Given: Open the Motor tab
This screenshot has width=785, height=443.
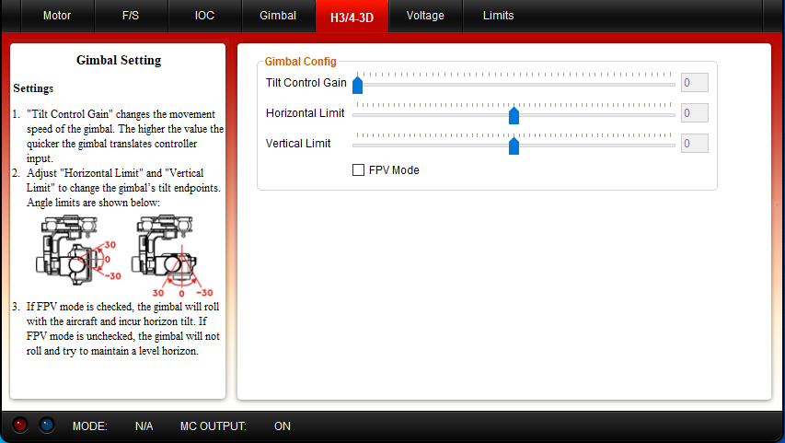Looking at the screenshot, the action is tap(57, 16).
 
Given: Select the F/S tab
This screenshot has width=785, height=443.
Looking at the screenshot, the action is tap(131, 16).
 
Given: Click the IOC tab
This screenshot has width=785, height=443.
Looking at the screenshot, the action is tap(204, 16).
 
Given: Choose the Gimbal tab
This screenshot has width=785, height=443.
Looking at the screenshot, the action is tap(278, 16).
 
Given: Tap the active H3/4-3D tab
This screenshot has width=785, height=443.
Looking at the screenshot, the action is tap(352, 17).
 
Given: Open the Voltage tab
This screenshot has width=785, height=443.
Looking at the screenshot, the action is tap(425, 16).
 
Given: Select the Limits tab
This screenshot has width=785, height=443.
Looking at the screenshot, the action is tap(498, 16).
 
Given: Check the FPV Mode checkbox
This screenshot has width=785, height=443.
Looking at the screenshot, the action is tap(359, 170).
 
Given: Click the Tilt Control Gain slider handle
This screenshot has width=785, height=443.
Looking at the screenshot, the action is tap(357, 84).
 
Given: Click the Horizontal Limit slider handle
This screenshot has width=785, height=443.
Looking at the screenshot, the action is tap(514, 115).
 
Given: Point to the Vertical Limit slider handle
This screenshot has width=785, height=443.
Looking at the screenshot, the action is tap(514, 146).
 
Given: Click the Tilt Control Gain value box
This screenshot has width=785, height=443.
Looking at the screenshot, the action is tap(695, 83).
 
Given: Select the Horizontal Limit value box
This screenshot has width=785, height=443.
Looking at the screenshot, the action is tap(695, 112).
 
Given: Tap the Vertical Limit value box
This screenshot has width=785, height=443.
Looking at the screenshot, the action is tap(695, 144).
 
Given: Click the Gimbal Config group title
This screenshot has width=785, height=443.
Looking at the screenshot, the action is tap(300, 62).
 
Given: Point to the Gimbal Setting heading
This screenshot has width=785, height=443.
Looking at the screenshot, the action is tap(119, 60).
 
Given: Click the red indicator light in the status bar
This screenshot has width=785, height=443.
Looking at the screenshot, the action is tap(20, 425).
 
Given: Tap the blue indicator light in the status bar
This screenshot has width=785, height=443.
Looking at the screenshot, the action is tap(47, 425).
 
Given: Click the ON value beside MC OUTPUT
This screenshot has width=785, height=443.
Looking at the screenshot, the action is tap(283, 426).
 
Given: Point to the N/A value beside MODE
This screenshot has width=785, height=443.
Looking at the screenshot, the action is tap(144, 426).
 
